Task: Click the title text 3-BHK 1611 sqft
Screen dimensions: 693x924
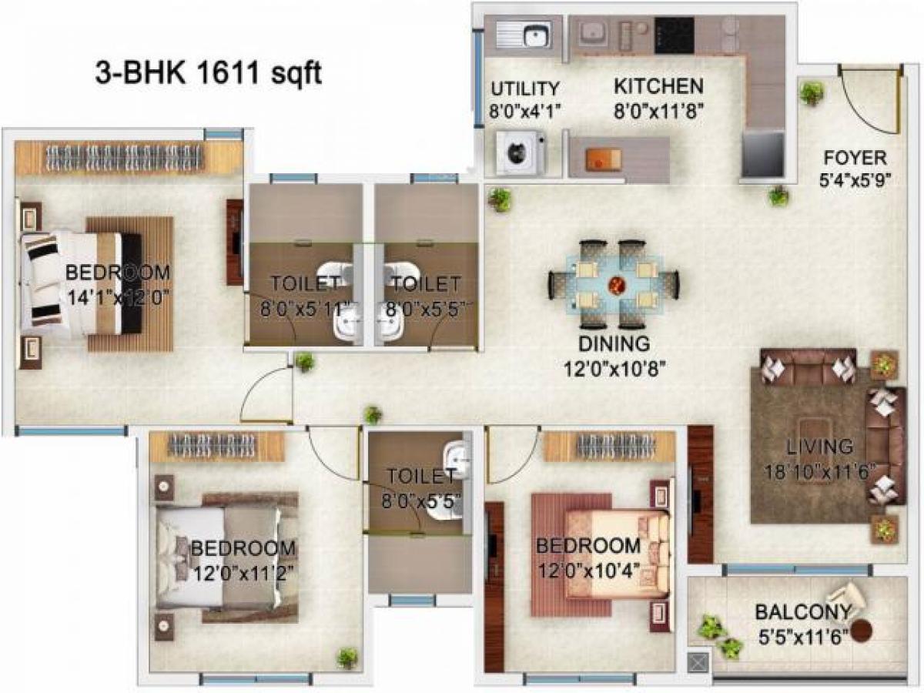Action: point(208,75)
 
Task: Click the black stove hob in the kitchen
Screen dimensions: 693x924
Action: point(674,35)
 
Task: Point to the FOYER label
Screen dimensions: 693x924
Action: point(855,159)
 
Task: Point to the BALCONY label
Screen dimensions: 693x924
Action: point(802,613)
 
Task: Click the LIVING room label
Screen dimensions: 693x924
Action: point(819,447)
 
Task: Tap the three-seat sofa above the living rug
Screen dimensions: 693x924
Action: point(808,367)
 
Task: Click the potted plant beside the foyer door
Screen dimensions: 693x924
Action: point(811,94)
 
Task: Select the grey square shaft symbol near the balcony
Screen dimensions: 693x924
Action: point(698,661)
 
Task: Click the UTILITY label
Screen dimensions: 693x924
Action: point(525,88)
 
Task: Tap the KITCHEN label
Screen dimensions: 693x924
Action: point(658,85)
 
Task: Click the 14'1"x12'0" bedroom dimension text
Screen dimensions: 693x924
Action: point(118,296)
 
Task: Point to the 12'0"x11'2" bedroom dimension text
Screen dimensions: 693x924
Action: point(243,574)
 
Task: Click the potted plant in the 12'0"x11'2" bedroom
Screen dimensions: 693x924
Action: point(347,658)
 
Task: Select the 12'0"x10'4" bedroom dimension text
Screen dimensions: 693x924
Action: point(588,571)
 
